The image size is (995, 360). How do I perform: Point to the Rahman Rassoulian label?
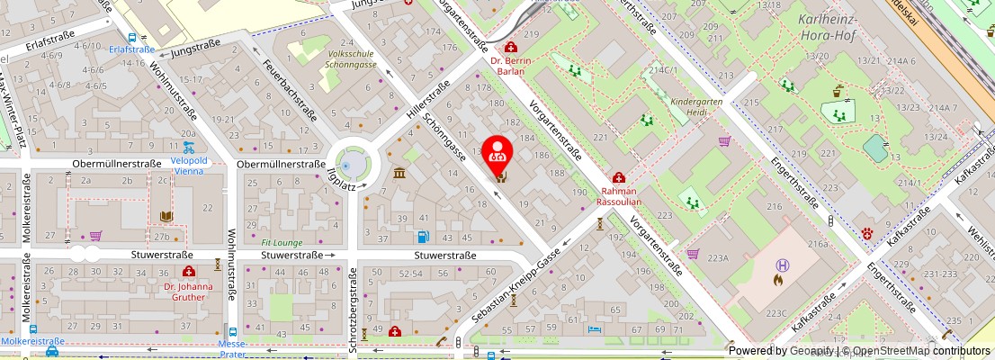click(x=618, y=196)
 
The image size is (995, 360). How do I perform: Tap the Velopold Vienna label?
click(x=189, y=166)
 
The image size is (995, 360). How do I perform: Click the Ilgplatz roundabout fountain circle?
click(x=354, y=164)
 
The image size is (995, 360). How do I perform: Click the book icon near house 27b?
click(x=166, y=217)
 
